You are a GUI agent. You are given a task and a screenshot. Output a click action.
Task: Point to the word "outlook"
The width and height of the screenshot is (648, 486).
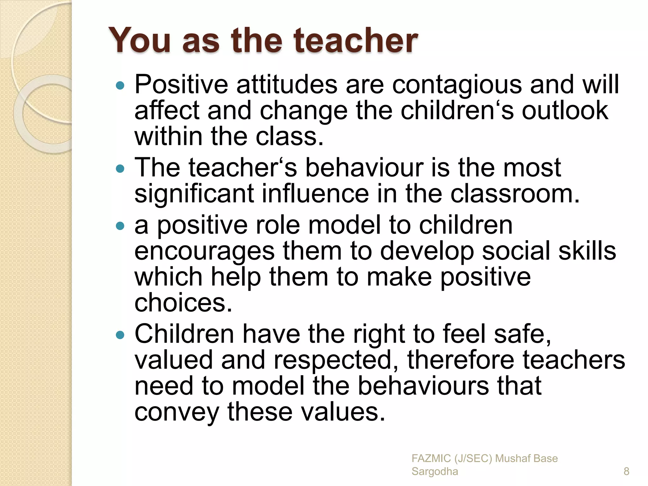(565, 110)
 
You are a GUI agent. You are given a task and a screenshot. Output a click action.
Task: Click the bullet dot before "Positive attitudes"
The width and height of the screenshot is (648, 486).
(120, 85)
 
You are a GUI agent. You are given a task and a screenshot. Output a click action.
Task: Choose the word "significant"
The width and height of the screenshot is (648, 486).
(194, 194)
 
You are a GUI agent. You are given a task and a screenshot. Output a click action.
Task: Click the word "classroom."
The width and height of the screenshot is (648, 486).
(515, 194)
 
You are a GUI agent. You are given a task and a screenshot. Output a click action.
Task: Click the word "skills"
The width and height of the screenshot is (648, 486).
(587, 251)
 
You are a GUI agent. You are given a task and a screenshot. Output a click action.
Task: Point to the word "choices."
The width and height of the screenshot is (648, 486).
(183, 303)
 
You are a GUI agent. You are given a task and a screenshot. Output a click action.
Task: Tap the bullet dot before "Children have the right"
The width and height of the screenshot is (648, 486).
(120, 335)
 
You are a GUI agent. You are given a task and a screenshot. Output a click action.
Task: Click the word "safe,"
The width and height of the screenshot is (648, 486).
(522, 334)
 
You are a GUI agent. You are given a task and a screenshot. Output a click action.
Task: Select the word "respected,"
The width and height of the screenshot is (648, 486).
(336, 360)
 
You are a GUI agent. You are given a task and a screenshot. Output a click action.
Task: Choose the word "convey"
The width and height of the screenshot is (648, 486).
(177, 412)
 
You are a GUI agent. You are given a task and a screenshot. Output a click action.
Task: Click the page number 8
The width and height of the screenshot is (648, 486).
(626, 471)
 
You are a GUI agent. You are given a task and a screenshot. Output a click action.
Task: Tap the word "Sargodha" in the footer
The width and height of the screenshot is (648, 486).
(434, 471)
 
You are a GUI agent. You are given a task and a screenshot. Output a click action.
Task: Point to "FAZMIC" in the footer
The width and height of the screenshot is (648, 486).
(431, 458)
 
